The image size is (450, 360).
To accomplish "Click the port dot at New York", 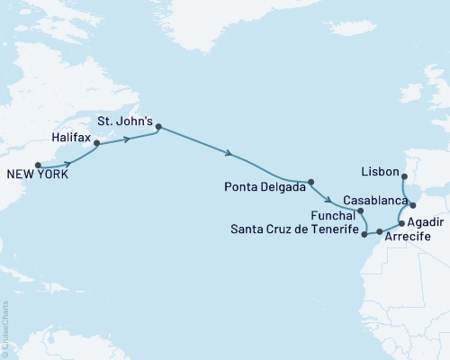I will (37, 165).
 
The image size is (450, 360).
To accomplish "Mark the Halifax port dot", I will (97, 142).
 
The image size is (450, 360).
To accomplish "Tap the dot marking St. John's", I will (158, 127).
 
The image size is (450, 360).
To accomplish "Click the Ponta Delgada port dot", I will (310, 182).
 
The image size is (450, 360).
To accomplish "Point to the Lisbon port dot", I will (404, 176).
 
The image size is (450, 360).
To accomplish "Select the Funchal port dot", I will (360, 211).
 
